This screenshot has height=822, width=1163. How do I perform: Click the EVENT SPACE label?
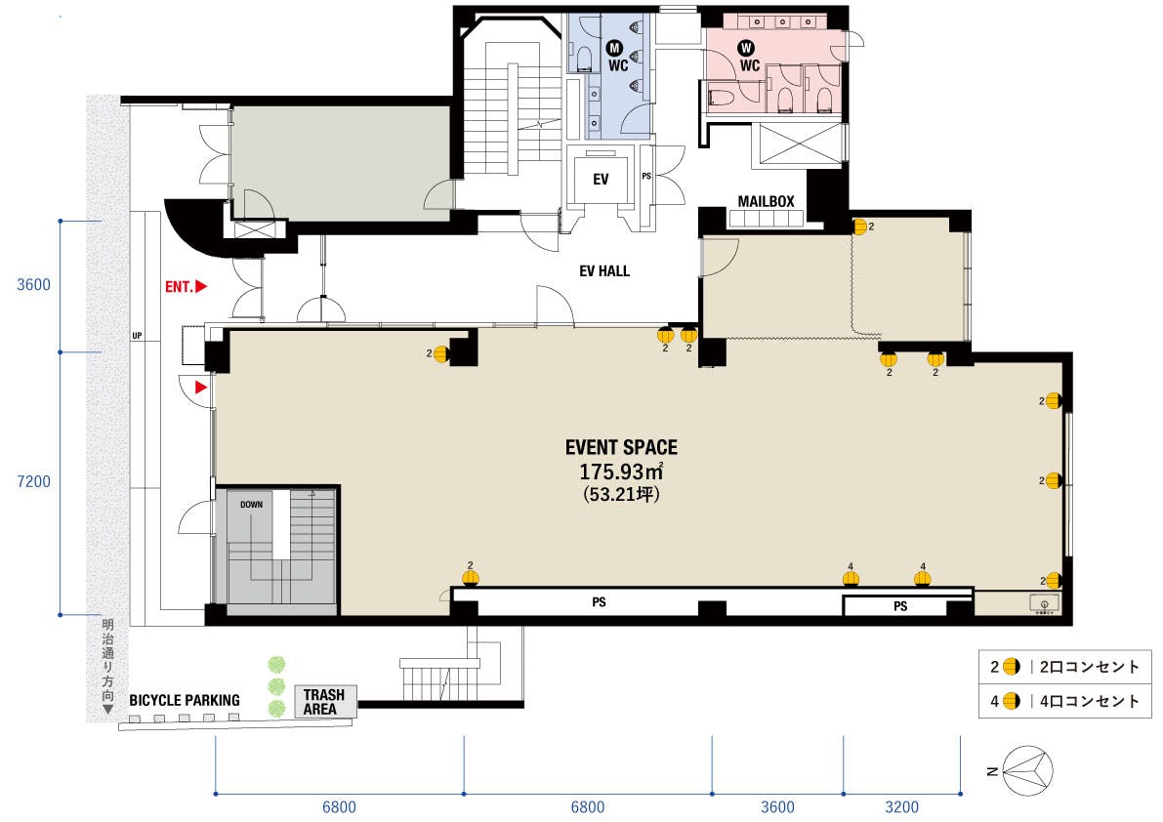tap(622, 447)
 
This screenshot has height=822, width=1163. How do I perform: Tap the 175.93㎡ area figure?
tap(621, 472)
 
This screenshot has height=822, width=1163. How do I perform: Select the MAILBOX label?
tap(766, 201)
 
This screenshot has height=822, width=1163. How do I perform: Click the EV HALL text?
tap(604, 271)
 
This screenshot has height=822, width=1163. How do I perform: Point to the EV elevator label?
tap(601, 180)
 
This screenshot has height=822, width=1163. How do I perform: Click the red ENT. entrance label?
tap(186, 286)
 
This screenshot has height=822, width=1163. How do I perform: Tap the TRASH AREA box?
tap(325, 702)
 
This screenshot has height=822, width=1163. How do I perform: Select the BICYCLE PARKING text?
tap(185, 700)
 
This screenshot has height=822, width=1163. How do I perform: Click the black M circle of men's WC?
tap(614, 49)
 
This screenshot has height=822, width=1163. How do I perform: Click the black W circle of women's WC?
tap(746, 49)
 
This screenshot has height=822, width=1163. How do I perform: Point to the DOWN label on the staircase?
tap(251, 505)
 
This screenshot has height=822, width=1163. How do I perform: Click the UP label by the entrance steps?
tap(138, 336)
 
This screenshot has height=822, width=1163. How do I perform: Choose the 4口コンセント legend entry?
tap(1064, 700)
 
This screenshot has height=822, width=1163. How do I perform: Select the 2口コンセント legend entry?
tap(1064, 667)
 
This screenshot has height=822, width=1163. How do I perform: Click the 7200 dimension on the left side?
tap(33, 482)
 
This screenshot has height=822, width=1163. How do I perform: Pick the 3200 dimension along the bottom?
tap(902, 807)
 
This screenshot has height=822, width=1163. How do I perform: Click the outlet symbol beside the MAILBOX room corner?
tap(859, 226)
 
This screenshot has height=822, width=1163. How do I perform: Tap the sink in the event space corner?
tap(1045, 603)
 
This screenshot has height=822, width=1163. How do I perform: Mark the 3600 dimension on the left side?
tap(33, 285)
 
